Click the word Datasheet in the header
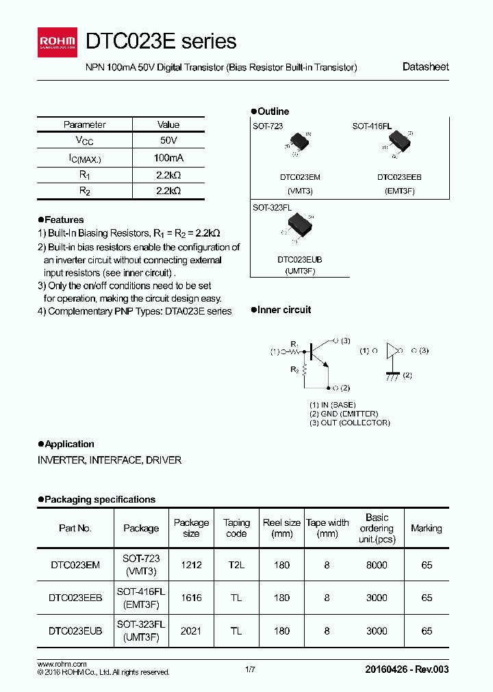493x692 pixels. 425,67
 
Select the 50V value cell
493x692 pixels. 168,140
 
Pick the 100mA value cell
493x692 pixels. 168,157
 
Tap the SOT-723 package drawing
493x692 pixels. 299,143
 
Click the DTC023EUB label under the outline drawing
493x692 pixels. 300,260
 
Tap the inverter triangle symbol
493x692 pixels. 392,351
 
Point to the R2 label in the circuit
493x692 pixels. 294,369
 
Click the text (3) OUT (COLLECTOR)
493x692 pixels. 349,423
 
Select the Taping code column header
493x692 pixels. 236,528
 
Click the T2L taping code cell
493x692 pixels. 236,565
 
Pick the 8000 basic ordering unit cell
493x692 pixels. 377,565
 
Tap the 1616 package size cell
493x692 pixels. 191,598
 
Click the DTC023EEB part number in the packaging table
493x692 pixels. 75,598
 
